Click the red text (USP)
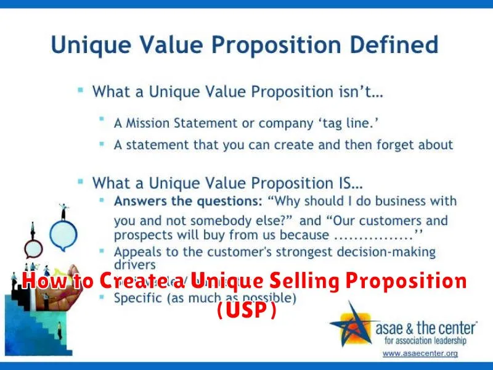(246, 311)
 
